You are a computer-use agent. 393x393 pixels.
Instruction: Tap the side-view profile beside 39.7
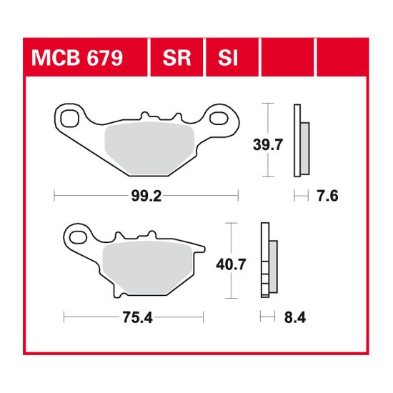[300, 140]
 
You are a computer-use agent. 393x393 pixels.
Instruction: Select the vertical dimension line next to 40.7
[229, 260]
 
